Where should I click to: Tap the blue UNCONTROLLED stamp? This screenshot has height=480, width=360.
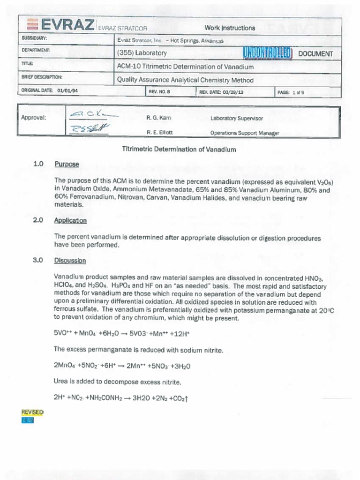point(268,53)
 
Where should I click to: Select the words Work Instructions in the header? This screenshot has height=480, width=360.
point(230,28)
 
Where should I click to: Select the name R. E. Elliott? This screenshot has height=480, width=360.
point(160,133)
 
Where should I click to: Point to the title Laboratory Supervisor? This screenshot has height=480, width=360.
point(237,119)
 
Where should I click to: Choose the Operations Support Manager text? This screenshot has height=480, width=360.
point(245,133)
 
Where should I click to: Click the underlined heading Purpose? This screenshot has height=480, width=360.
point(67,165)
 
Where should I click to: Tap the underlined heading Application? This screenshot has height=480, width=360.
point(70,220)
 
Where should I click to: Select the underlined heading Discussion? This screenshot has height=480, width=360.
point(70,261)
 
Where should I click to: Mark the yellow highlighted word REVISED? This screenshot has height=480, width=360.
point(32,412)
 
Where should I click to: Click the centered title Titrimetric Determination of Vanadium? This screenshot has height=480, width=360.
point(179,150)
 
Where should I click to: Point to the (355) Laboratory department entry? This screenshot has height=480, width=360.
point(142,53)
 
